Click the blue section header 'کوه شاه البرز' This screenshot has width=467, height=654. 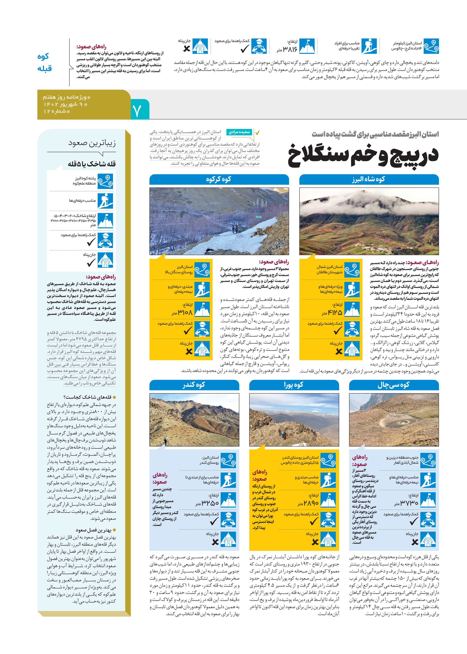coord(369,179)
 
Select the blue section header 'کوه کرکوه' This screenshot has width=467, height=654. coord(219,179)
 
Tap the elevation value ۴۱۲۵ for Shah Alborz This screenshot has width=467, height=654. coord(335,312)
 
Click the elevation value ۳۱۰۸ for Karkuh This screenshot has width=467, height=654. coord(185,312)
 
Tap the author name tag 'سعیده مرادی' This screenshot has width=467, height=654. coord(239,132)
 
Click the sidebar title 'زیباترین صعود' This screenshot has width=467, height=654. coord(92,143)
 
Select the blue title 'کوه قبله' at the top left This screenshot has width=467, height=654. coord(45,62)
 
